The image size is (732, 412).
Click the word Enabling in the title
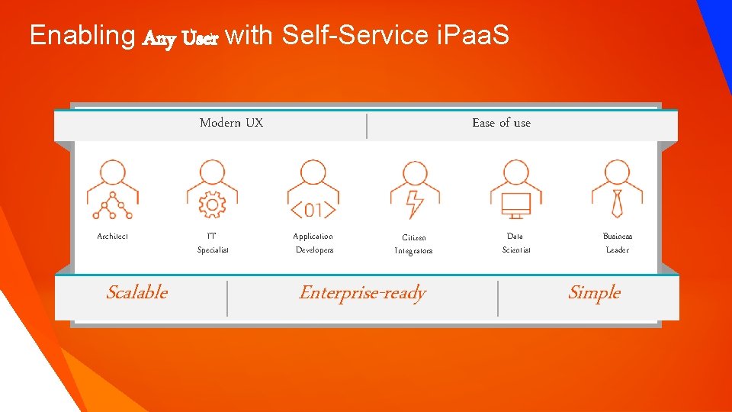[x=82, y=35]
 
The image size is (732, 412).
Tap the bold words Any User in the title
[x=181, y=37]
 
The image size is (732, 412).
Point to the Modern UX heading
[x=231, y=123]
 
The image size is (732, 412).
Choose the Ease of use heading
[x=501, y=123]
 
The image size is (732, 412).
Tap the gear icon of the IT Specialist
[x=212, y=204]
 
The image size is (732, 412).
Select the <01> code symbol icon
[x=313, y=208]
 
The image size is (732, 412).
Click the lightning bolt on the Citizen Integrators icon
[x=415, y=204]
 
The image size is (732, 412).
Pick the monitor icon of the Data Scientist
[x=515, y=204]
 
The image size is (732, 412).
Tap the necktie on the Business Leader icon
[x=617, y=204]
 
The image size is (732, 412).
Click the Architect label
[x=113, y=237]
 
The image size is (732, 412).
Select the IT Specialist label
[x=212, y=243]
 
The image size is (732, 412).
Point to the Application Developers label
[x=313, y=243]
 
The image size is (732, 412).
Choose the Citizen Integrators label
[x=413, y=244]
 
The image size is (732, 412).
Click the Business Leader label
[x=617, y=243]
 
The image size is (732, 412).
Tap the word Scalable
[x=137, y=293]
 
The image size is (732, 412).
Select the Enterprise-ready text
[x=362, y=294]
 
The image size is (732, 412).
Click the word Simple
[x=594, y=293]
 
